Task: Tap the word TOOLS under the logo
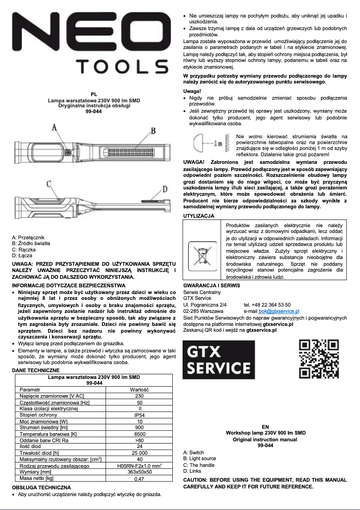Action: [124, 67]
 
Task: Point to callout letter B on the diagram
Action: [153, 131]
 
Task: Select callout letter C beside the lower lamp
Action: [48, 183]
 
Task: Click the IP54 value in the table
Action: [140, 415]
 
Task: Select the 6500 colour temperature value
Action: [140, 434]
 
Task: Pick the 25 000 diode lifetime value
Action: [140, 453]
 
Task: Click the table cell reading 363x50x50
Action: [140, 472]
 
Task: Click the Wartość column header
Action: [140, 390]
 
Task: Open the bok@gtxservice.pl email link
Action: [279, 311]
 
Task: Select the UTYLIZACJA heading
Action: [199, 216]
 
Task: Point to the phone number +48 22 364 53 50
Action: [267, 304]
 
